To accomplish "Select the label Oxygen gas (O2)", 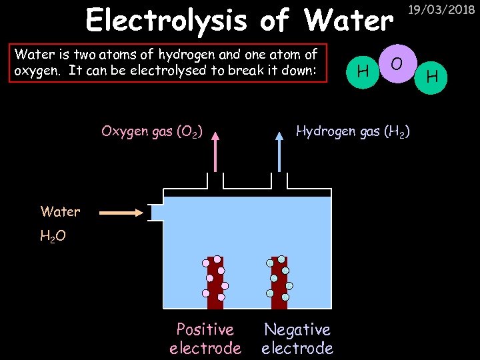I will tap(152, 131).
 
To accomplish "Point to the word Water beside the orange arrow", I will tap(60, 212).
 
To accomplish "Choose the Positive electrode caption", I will tap(205, 339).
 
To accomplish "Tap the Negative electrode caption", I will tap(297, 339).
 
